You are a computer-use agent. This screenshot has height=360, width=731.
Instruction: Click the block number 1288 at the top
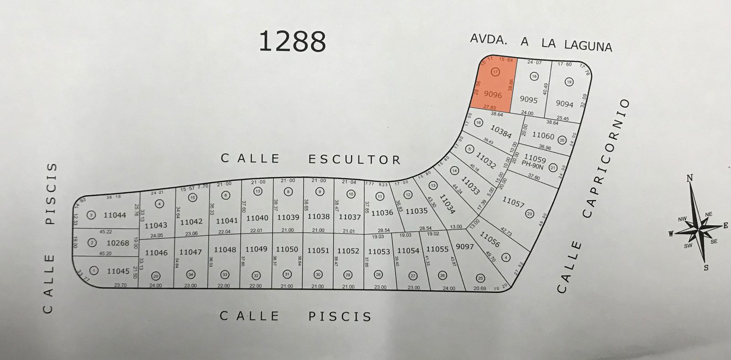click(x=292, y=41)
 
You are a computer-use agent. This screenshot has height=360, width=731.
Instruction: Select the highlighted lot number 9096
click(x=493, y=95)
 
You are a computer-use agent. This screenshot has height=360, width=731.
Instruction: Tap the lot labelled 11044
click(x=115, y=215)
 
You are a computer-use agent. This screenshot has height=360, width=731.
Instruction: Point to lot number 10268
click(x=118, y=243)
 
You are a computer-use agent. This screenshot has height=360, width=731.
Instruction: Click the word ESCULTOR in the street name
click(x=354, y=159)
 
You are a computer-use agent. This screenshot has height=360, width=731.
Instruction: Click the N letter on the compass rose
click(x=690, y=178)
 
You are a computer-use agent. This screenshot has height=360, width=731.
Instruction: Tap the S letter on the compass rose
click(x=706, y=268)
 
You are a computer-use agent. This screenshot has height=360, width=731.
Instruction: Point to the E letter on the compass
click(x=725, y=225)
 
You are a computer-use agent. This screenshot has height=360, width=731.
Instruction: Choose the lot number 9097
click(x=465, y=247)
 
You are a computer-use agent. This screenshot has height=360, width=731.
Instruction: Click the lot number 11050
click(x=287, y=249)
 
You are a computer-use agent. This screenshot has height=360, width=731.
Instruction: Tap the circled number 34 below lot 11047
click(x=190, y=275)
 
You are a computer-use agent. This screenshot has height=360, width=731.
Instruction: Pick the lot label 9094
click(x=564, y=104)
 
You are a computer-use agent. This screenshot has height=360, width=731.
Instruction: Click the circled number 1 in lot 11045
click(x=94, y=270)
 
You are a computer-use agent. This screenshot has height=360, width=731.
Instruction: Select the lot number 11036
click(x=382, y=213)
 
